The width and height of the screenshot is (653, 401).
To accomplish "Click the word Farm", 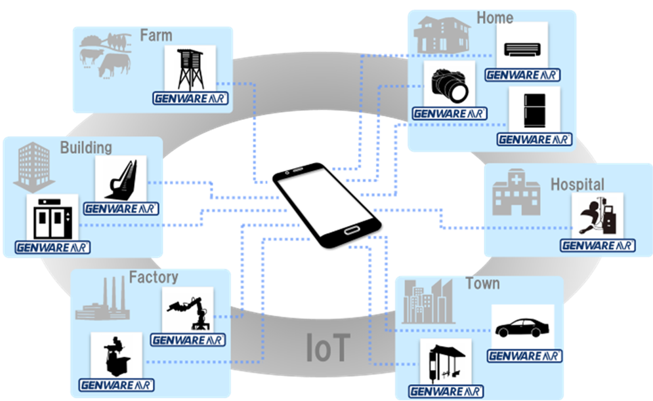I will [156, 35].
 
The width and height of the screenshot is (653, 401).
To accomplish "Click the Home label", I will [495, 18].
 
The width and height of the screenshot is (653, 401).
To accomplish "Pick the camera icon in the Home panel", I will [450, 84].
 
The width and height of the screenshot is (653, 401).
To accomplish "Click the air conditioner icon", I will [522, 47].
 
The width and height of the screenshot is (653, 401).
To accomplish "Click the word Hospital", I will [577, 185].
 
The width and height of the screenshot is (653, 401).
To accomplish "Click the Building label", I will [86, 147].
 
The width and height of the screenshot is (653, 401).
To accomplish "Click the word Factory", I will [153, 277].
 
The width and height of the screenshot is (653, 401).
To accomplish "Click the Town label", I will [482, 284].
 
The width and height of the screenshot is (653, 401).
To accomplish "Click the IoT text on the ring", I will [328, 348].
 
